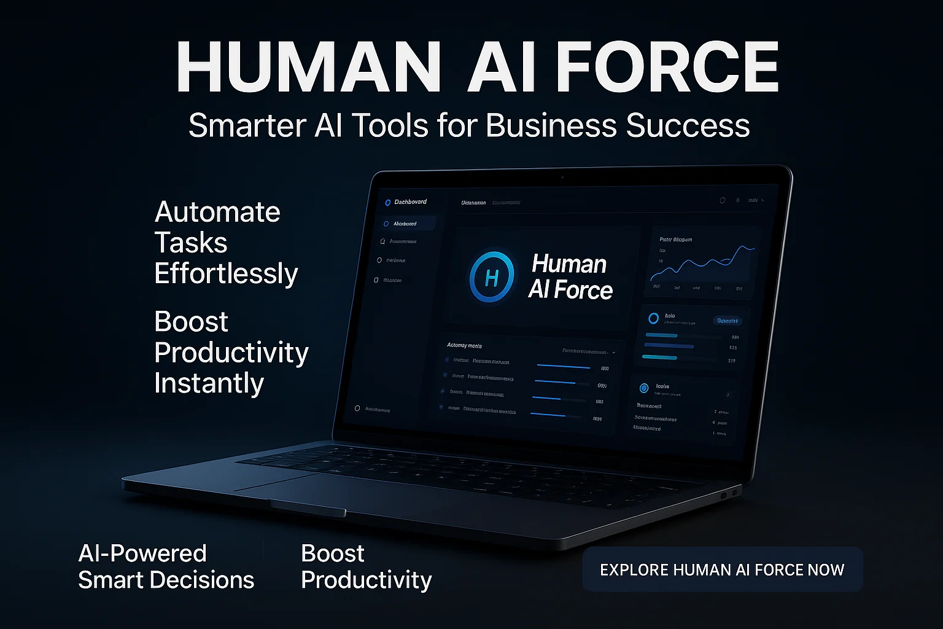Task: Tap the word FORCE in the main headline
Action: coord(667,68)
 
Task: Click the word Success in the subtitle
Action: coord(688,125)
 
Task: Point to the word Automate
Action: coord(217,213)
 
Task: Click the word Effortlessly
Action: coord(226,274)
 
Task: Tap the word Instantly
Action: coord(209,383)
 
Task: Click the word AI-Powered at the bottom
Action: coord(142,553)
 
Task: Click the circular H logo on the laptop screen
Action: coord(491,278)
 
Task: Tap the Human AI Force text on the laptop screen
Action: coord(570,277)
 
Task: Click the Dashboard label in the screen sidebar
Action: coord(409,201)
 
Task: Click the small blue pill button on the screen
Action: coord(728,321)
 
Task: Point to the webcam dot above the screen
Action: coord(562,178)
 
